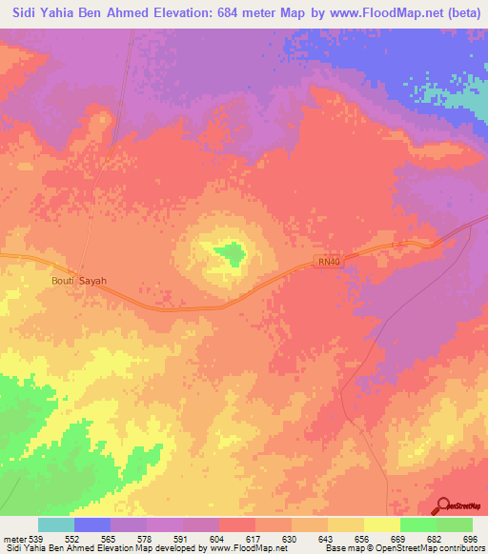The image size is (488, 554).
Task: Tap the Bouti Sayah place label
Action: (79, 281)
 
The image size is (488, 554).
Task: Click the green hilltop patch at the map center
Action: (228, 253)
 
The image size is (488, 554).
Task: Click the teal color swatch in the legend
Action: (56, 524)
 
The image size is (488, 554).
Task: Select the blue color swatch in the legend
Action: (92, 524)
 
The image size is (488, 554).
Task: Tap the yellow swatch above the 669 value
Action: (382, 524)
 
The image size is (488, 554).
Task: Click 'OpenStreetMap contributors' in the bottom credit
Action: (438, 547)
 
